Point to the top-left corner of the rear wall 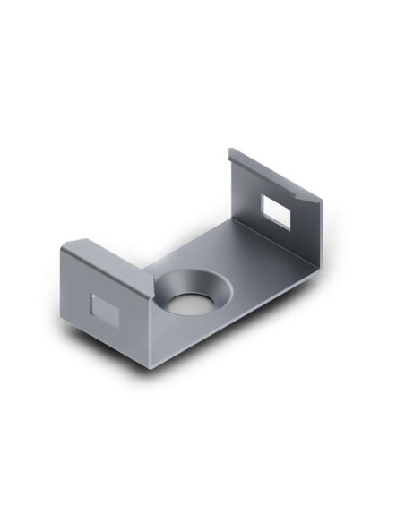tap(228, 150)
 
